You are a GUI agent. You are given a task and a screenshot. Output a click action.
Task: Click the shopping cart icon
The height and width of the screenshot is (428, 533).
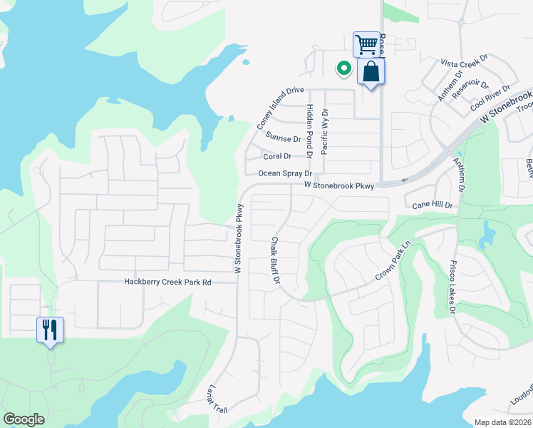[x=366, y=45]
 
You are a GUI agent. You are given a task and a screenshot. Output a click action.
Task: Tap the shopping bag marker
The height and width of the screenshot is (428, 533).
[x=371, y=71]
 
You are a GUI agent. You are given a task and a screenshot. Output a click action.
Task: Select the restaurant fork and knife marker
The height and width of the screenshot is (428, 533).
[x=50, y=330]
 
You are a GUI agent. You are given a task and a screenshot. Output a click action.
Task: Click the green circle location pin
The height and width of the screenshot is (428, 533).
[x=343, y=68]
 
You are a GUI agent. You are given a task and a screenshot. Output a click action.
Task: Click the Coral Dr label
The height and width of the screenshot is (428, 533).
[x=277, y=156]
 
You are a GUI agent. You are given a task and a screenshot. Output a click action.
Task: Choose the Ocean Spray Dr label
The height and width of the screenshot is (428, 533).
[x=285, y=173]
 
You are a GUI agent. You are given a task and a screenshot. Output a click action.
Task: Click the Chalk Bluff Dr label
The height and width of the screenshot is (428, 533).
[x=274, y=260]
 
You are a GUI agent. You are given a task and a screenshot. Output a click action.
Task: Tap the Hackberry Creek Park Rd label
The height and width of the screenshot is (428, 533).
[x=168, y=282]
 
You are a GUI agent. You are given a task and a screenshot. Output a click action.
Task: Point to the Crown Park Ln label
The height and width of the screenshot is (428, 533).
[x=393, y=260]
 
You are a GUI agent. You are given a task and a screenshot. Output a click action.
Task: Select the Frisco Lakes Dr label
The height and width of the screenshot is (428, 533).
[x=452, y=287]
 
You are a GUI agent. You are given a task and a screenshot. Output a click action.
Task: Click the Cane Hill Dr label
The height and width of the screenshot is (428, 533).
[x=433, y=205]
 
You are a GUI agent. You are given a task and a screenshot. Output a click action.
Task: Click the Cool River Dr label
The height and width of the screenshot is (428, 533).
[x=490, y=98]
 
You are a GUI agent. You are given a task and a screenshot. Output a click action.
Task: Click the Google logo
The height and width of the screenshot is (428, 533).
[x=24, y=419]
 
